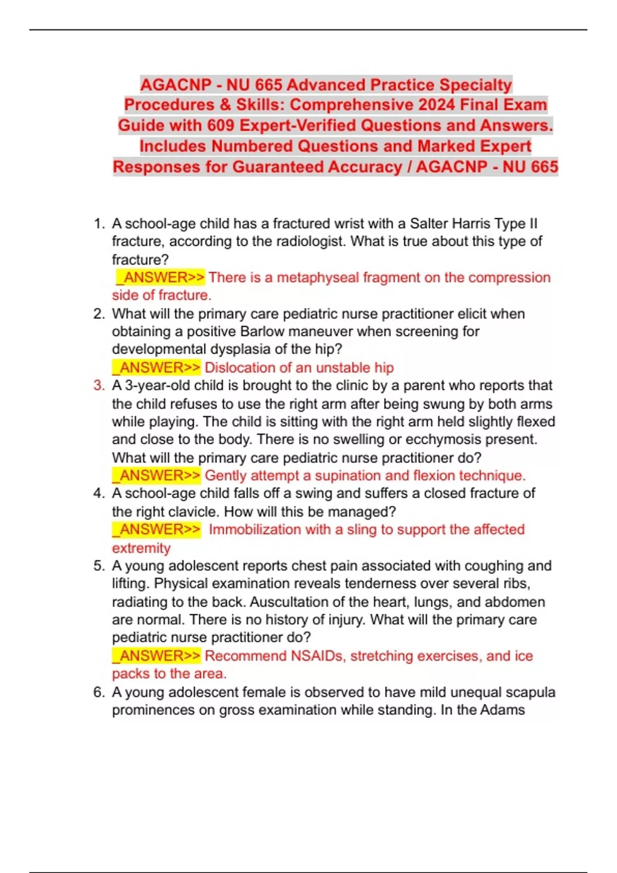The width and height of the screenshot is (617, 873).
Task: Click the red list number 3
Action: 99,386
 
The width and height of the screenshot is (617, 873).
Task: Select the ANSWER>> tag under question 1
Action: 160,277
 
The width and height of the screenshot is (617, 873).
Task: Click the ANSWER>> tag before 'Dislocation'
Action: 157,368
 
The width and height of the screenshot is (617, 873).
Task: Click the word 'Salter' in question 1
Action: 429,224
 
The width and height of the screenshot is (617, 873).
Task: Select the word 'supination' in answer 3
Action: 348,476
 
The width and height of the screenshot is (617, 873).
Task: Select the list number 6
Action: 99,692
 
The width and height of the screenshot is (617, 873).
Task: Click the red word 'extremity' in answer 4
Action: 141,548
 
